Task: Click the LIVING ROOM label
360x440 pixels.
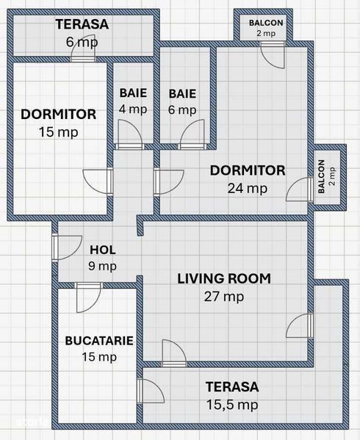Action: coord(224,278)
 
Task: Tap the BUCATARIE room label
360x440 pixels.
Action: coord(99,341)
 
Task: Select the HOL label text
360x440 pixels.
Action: coord(103,250)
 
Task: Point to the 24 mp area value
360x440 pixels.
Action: coord(248,189)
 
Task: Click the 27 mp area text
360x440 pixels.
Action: coord(224,297)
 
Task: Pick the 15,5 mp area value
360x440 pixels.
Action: coord(232,405)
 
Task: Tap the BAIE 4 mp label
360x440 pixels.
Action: coord(133,101)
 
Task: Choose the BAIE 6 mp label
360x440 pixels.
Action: coord(182,101)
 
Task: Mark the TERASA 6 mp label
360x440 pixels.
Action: coord(82,33)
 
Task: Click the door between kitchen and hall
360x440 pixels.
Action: coord(88,297)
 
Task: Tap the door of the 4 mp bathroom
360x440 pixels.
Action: coord(129,134)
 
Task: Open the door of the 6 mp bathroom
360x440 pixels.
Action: coord(192,134)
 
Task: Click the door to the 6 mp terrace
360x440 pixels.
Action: coord(83,48)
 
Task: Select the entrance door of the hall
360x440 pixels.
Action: coord(67,248)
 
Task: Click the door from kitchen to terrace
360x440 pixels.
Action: coord(151,392)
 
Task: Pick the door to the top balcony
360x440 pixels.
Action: coord(273,55)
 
